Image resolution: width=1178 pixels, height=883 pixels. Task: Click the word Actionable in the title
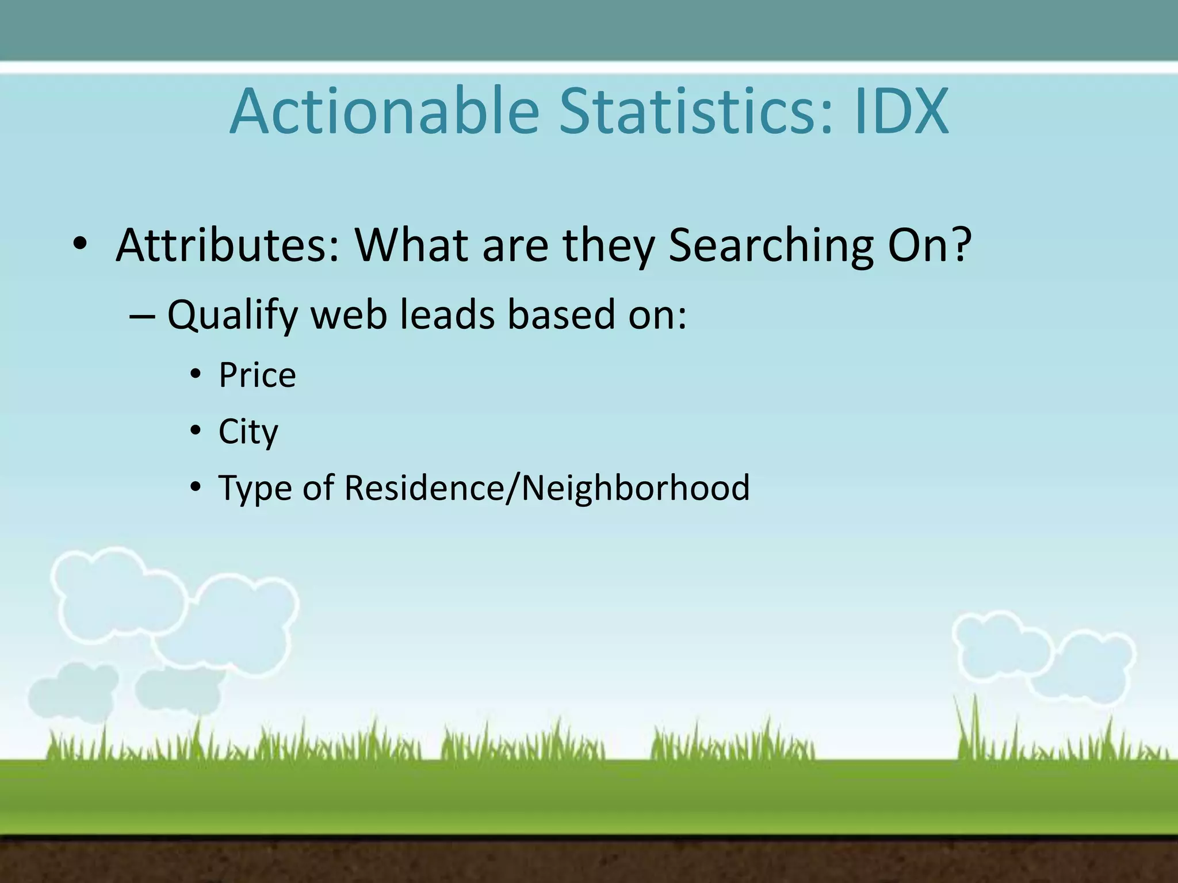coord(384,112)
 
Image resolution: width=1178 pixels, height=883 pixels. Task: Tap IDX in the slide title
coord(901,112)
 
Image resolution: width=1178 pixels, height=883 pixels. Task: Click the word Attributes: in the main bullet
coord(228,245)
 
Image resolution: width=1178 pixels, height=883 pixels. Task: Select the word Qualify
coord(232,316)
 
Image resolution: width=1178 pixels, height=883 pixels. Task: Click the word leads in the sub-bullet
coord(446,315)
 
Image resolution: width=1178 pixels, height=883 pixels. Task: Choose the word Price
coord(257,375)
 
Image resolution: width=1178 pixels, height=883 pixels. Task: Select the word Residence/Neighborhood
coord(547,488)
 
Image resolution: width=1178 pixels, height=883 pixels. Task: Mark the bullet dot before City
coord(196,431)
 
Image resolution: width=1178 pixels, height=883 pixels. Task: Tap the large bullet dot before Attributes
coord(80,245)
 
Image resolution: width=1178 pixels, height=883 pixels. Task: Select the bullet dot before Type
coord(196,487)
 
